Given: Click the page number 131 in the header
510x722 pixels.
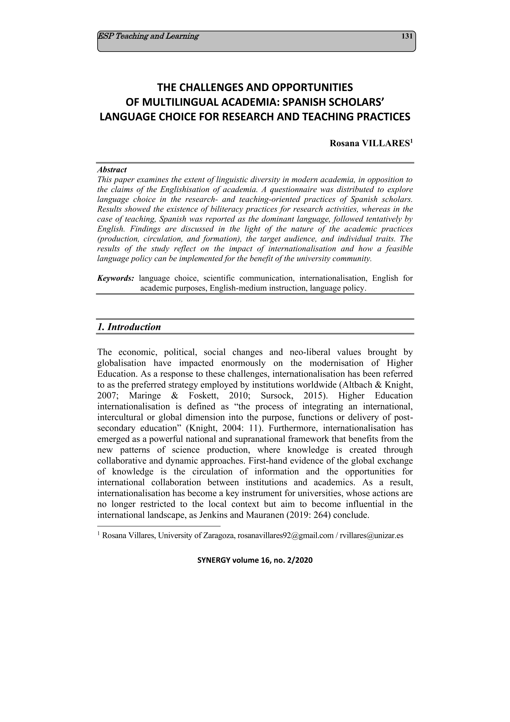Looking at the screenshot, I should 407,36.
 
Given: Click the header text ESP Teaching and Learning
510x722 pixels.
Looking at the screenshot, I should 148,36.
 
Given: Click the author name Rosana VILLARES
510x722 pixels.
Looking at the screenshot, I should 370,143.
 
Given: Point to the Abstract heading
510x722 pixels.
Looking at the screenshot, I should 112,170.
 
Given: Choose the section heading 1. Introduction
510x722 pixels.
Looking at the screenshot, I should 129,327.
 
